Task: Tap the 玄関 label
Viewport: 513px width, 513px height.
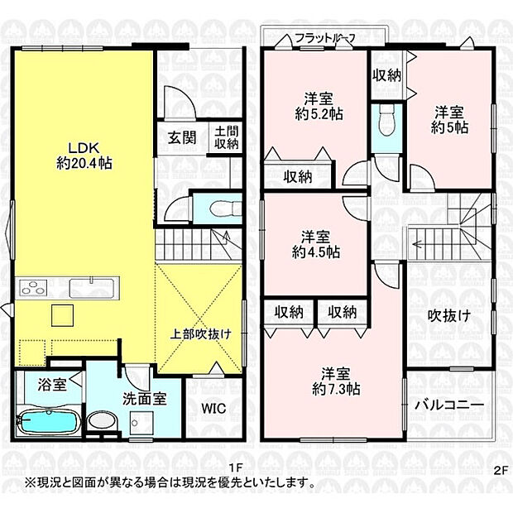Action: [183, 137]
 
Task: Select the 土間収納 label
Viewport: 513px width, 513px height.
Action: [226, 137]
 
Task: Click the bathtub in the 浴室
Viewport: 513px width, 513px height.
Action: [47, 421]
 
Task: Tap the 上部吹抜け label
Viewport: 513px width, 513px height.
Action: [201, 333]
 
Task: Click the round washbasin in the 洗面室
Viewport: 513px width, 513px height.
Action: [103, 420]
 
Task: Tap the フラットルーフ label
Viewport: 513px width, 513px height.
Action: [324, 37]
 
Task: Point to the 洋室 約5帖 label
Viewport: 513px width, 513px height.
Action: [449, 119]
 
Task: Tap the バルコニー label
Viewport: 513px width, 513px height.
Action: [449, 405]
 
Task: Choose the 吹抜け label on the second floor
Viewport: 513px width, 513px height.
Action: [449, 315]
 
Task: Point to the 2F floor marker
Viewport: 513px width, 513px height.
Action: [499, 468]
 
